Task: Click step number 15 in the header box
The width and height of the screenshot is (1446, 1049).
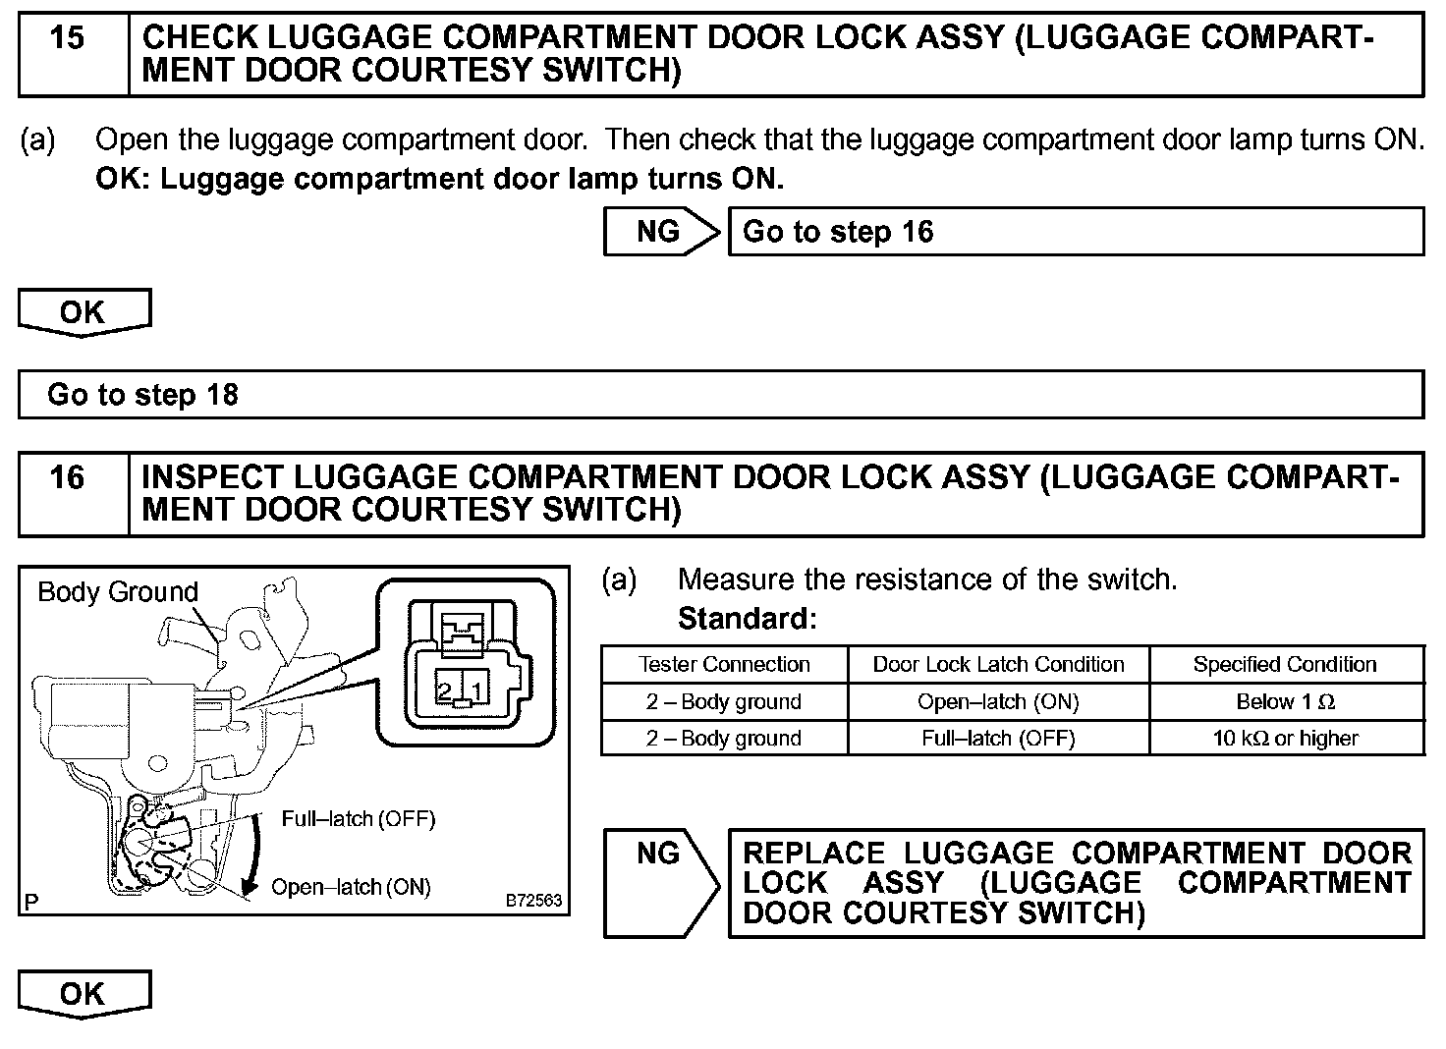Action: pyautogui.click(x=67, y=39)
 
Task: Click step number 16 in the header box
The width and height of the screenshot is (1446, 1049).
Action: pyautogui.click(x=67, y=478)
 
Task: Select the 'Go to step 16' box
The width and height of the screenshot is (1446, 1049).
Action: pyautogui.click(x=1075, y=232)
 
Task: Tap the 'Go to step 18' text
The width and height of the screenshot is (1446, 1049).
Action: pyautogui.click(x=142, y=395)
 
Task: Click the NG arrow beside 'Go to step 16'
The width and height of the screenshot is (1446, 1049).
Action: pyautogui.click(x=660, y=232)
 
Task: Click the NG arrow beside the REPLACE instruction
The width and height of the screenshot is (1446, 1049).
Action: pyautogui.click(x=660, y=881)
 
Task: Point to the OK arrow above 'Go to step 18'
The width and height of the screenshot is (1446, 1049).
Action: pyautogui.click(x=83, y=312)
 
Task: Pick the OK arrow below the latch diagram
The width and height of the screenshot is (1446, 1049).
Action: pyautogui.click(x=83, y=994)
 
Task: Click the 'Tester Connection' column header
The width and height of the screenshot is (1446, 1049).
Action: pyautogui.click(x=724, y=665)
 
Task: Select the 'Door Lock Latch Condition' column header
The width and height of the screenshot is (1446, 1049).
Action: pyautogui.click(x=998, y=665)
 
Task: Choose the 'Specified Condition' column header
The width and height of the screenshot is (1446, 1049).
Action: pyautogui.click(x=1285, y=665)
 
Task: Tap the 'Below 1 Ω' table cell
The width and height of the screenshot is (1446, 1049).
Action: pyautogui.click(x=1285, y=702)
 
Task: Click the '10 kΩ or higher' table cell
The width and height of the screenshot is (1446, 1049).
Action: pyautogui.click(x=1285, y=739)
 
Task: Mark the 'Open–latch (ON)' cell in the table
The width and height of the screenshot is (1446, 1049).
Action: pyautogui.click(x=998, y=702)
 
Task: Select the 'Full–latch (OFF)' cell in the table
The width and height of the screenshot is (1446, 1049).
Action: pyautogui.click(x=998, y=739)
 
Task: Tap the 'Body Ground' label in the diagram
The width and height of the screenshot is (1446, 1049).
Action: pyautogui.click(x=118, y=592)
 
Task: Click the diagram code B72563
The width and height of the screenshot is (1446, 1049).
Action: pyautogui.click(x=534, y=900)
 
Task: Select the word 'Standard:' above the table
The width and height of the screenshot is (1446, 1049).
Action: pyautogui.click(x=748, y=619)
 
